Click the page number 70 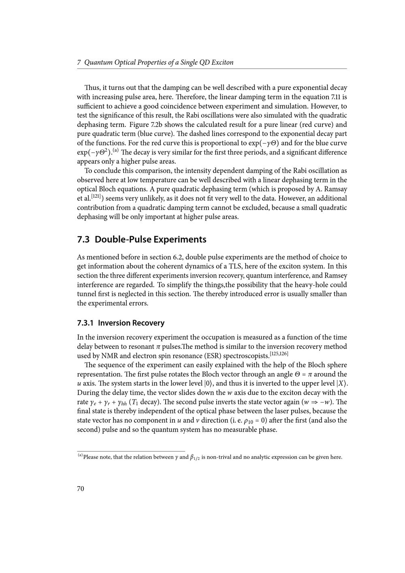tap(81, 489)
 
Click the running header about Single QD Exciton tap(155, 62)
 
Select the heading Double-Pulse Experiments tap(141, 239)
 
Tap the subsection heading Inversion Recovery tap(121, 323)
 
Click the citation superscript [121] tap(96, 197)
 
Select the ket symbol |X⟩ tap(342, 383)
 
